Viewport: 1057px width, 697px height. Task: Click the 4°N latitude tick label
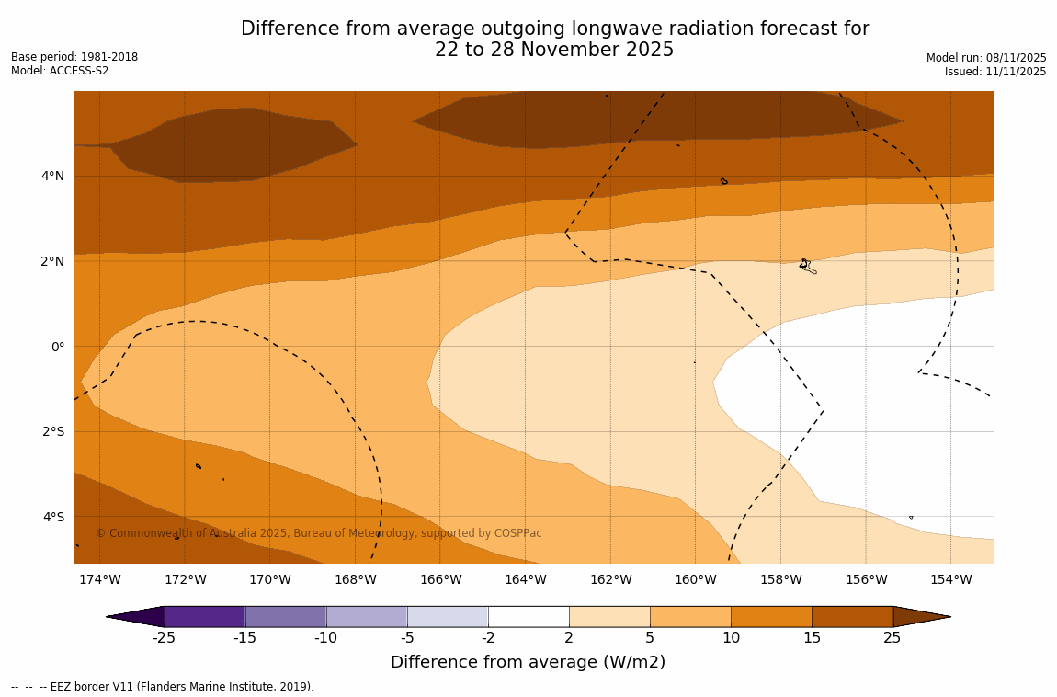pos(52,176)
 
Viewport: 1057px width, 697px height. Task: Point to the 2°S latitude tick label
pos(52,431)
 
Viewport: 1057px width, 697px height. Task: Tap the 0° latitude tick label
pos(57,347)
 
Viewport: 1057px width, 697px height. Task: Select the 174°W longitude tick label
pos(99,579)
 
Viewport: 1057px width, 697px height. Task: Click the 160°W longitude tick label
pos(695,579)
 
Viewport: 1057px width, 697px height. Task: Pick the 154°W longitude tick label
pos(950,579)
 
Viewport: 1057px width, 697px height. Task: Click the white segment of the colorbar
pos(528,616)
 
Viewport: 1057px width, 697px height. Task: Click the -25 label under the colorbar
pos(164,638)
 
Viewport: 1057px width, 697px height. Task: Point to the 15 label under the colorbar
pos(812,638)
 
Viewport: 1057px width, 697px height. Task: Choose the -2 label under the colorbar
pos(488,638)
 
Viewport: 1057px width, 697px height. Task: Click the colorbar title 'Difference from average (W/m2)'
pos(528,662)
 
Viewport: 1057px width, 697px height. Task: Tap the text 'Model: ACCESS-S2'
pos(60,71)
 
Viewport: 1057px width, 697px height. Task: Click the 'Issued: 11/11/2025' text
pos(995,72)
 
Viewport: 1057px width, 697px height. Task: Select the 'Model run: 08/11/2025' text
pos(986,58)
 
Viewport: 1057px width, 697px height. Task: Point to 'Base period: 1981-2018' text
pos(74,57)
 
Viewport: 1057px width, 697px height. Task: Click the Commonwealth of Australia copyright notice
pos(319,533)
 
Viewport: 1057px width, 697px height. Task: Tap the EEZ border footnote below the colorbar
pos(162,687)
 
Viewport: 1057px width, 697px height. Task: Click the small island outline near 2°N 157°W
pos(806,266)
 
